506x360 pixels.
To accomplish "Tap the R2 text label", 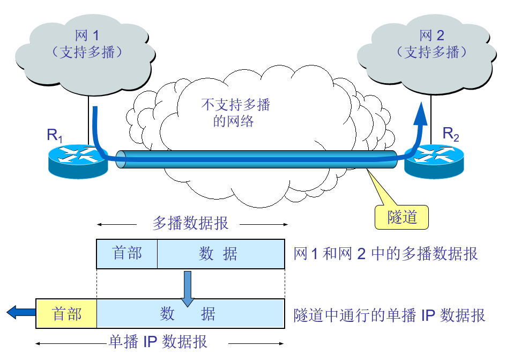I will pos(450,135).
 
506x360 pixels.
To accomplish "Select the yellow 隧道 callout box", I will pos(402,217).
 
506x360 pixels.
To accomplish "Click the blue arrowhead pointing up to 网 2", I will pos(422,112).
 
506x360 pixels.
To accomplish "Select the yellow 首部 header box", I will pos(66,314).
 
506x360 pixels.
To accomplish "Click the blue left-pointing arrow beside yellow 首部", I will pos(20,311).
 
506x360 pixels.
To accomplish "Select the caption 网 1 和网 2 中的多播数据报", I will pos(385,254).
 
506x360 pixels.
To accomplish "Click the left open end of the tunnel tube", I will pos(121,159).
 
